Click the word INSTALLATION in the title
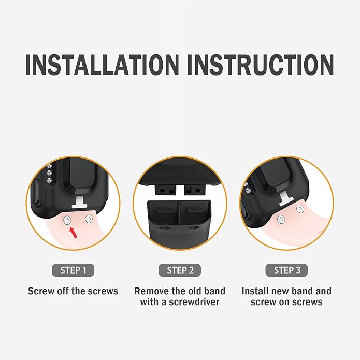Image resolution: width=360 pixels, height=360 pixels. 102,65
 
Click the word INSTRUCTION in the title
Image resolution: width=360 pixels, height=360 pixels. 261,65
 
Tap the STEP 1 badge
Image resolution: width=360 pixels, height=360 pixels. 73,270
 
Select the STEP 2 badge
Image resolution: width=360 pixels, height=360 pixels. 180,270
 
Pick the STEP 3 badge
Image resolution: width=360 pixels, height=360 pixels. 286,270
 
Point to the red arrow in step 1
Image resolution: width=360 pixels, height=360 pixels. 74,233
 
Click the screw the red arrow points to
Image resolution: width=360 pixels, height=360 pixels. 67,221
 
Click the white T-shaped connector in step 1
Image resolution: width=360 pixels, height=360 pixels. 80,203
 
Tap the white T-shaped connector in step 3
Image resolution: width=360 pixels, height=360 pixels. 286,198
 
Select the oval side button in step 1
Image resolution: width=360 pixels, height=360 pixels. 35,192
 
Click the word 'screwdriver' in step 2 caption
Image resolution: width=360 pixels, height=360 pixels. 194,301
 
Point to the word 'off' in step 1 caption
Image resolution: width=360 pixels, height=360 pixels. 63,291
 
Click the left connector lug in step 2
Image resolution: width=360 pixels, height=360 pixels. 165,190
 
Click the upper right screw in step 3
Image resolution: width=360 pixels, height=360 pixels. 300,209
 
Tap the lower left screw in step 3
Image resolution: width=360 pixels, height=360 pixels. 281,220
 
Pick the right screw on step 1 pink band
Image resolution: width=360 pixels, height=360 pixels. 89,219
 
